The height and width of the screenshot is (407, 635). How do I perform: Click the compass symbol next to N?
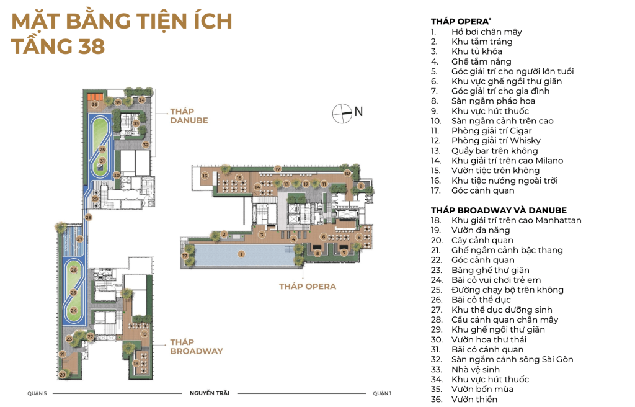[x=342, y=114]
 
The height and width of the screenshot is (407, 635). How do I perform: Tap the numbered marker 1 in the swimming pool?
[x=241, y=254]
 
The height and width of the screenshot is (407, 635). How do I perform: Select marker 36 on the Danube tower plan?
[x=94, y=104]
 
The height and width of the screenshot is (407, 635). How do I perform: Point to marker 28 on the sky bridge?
[x=88, y=217]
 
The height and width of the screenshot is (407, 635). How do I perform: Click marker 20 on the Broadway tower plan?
[x=63, y=375]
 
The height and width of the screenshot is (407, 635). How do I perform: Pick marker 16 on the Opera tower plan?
[x=205, y=176]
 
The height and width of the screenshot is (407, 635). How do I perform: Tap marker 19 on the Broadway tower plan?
[x=144, y=334]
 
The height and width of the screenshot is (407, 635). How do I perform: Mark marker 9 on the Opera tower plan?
[x=360, y=186]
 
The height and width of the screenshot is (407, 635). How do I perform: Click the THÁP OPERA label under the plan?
[x=308, y=287]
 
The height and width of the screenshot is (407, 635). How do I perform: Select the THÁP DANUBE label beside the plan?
[x=189, y=116]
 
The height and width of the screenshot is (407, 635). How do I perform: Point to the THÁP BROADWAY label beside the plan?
[x=197, y=347]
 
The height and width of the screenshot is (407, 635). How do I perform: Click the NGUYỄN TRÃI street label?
[x=210, y=393]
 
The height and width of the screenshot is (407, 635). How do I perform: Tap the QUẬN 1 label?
[x=382, y=393]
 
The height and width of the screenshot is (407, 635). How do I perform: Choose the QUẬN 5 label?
[x=37, y=393]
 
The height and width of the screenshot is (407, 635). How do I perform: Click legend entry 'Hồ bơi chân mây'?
[x=487, y=32]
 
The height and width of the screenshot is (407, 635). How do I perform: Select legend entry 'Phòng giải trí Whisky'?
[x=496, y=141]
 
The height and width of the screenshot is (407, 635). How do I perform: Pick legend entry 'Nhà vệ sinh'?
[x=476, y=369]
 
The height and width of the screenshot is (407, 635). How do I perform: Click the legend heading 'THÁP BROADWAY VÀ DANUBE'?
[x=499, y=210]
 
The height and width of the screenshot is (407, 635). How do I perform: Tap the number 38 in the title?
[x=92, y=46]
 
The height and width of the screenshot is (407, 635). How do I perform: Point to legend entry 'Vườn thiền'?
[x=474, y=400]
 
